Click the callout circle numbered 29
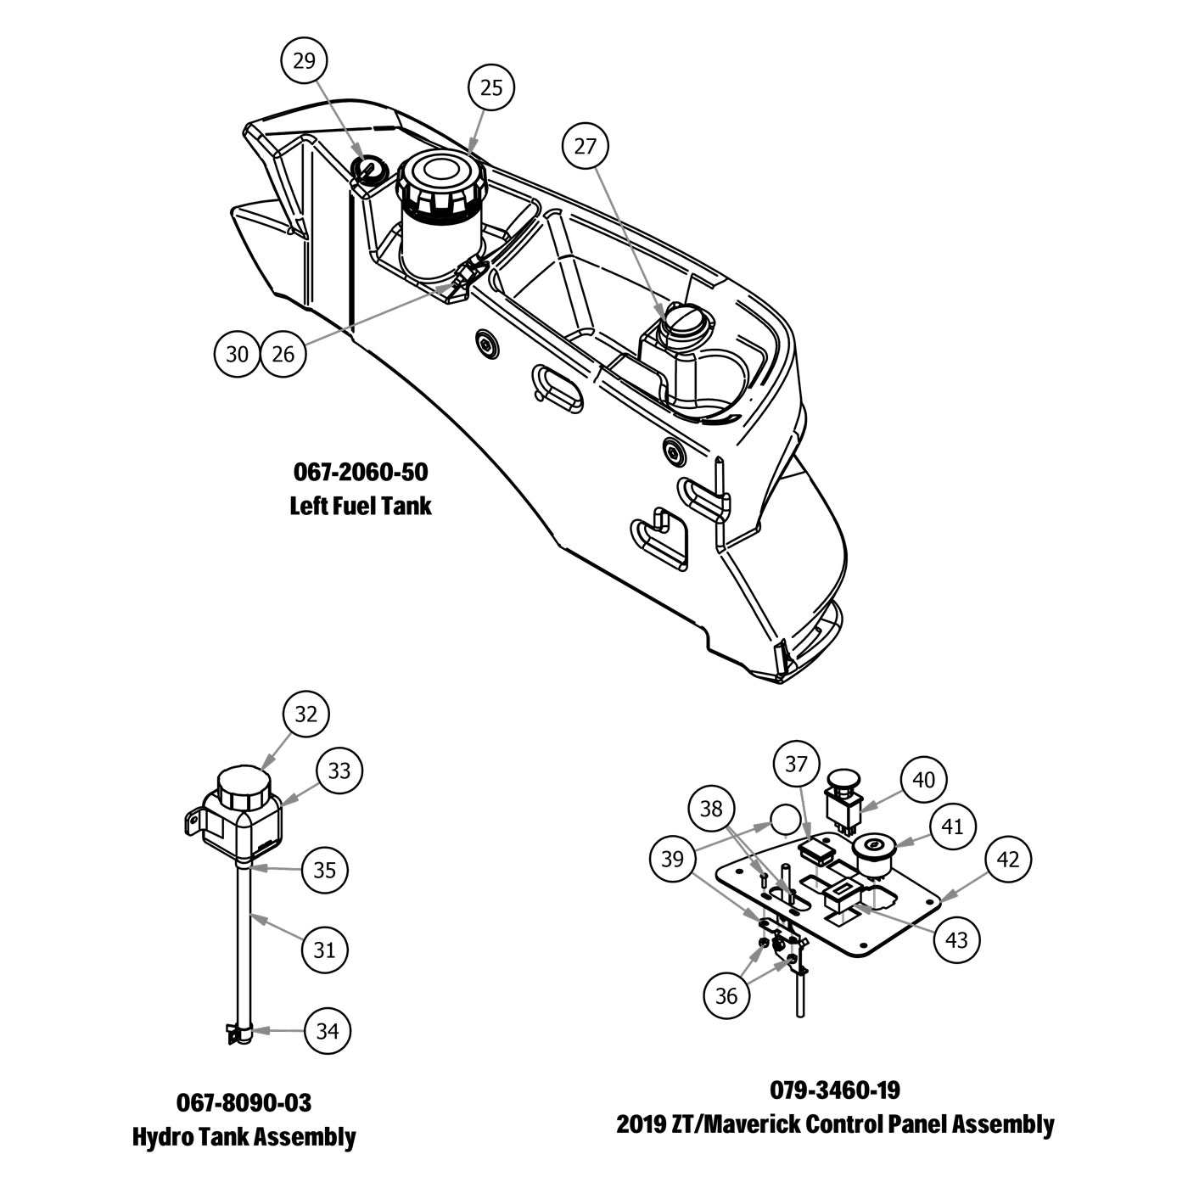tap(304, 60)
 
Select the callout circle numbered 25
tap(491, 87)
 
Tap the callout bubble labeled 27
tap(586, 146)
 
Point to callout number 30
tap(238, 353)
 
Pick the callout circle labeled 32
tap(305, 714)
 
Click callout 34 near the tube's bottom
tap(328, 1031)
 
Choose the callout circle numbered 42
tap(1007, 860)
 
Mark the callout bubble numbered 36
tap(727, 995)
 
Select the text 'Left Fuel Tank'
tap(361, 506)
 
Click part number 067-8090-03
tap(244, 1102)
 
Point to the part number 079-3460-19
tap(835, 1090)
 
